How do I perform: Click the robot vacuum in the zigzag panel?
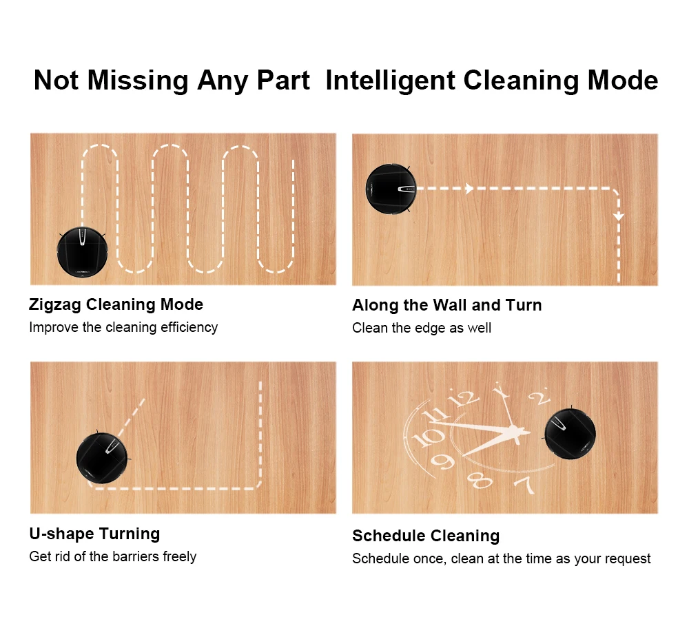pos(82,251)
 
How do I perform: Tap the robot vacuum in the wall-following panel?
pos(391,189)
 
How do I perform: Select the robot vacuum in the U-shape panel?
pos(103,457)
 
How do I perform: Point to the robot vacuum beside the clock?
pos(570,434)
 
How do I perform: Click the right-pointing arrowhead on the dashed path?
pos(469,189)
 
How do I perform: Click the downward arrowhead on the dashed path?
pos(619,217)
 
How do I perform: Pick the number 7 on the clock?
pos(526,484)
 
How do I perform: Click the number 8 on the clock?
pos(480,480)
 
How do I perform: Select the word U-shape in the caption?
pos(61,534)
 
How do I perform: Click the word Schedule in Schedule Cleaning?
pos(389,536)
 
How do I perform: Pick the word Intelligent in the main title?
pos(390,81)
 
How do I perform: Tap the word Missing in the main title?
pos(138,81)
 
